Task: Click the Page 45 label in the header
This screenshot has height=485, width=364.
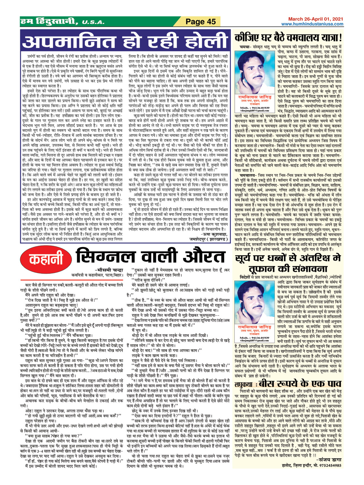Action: (201, 22)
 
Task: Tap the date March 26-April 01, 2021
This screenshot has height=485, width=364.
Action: (315, 19)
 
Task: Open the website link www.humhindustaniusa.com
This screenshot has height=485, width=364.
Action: (312, 24)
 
